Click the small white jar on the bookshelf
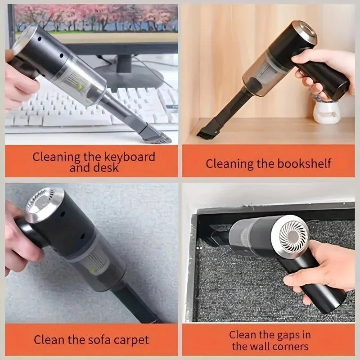coord(326,112)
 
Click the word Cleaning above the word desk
coord(57,157)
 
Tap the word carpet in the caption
coord(130,340)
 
